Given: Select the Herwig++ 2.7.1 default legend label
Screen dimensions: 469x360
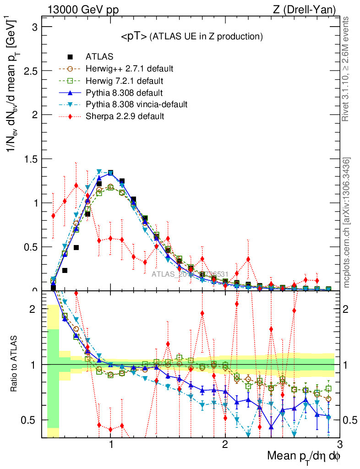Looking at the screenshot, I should click(x=129, y=69).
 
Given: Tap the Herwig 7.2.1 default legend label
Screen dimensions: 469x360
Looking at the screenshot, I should click(x=125, y=81).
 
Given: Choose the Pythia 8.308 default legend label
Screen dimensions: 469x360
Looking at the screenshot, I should click(x=122, y=93).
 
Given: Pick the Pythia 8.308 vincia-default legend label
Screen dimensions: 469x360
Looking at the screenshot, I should click(x=136, y=104).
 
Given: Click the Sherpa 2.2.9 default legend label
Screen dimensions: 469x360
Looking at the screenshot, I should click(x=125, y=116).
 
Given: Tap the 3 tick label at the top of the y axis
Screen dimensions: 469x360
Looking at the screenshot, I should click(x=35, y=27).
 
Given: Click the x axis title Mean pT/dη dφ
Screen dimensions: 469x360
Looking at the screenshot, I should click(x=304, y=456).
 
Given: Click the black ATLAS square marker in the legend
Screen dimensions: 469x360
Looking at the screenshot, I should click(x=70, y=57).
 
